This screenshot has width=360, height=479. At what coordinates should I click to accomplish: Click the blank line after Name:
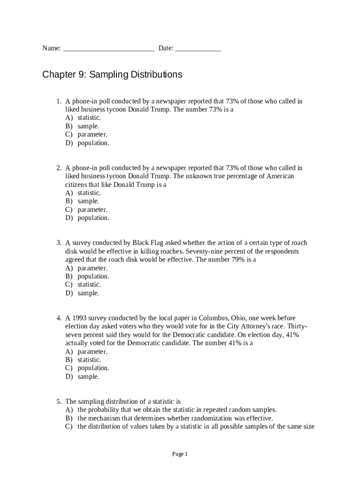coord(108,49)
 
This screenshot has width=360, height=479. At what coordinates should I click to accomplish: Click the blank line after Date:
coord(198,49)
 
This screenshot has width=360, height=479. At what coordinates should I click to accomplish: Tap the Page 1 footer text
coord(180,454)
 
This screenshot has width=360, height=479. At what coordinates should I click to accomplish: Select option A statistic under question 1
coord(89,118)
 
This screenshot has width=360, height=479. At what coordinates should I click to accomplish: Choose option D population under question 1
coord(93,143)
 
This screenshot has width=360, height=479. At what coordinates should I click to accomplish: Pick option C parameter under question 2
coord(92,210)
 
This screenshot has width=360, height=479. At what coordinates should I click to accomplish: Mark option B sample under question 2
coord(88,201)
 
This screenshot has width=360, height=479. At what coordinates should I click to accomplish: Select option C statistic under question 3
coord(89,284)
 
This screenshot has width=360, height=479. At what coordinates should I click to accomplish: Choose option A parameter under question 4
coord(92,351)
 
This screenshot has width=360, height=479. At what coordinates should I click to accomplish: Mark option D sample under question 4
coord(88,377)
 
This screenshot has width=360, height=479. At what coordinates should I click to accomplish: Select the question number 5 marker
coord(59,401)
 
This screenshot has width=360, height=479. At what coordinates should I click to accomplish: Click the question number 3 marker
coord(59,243)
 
